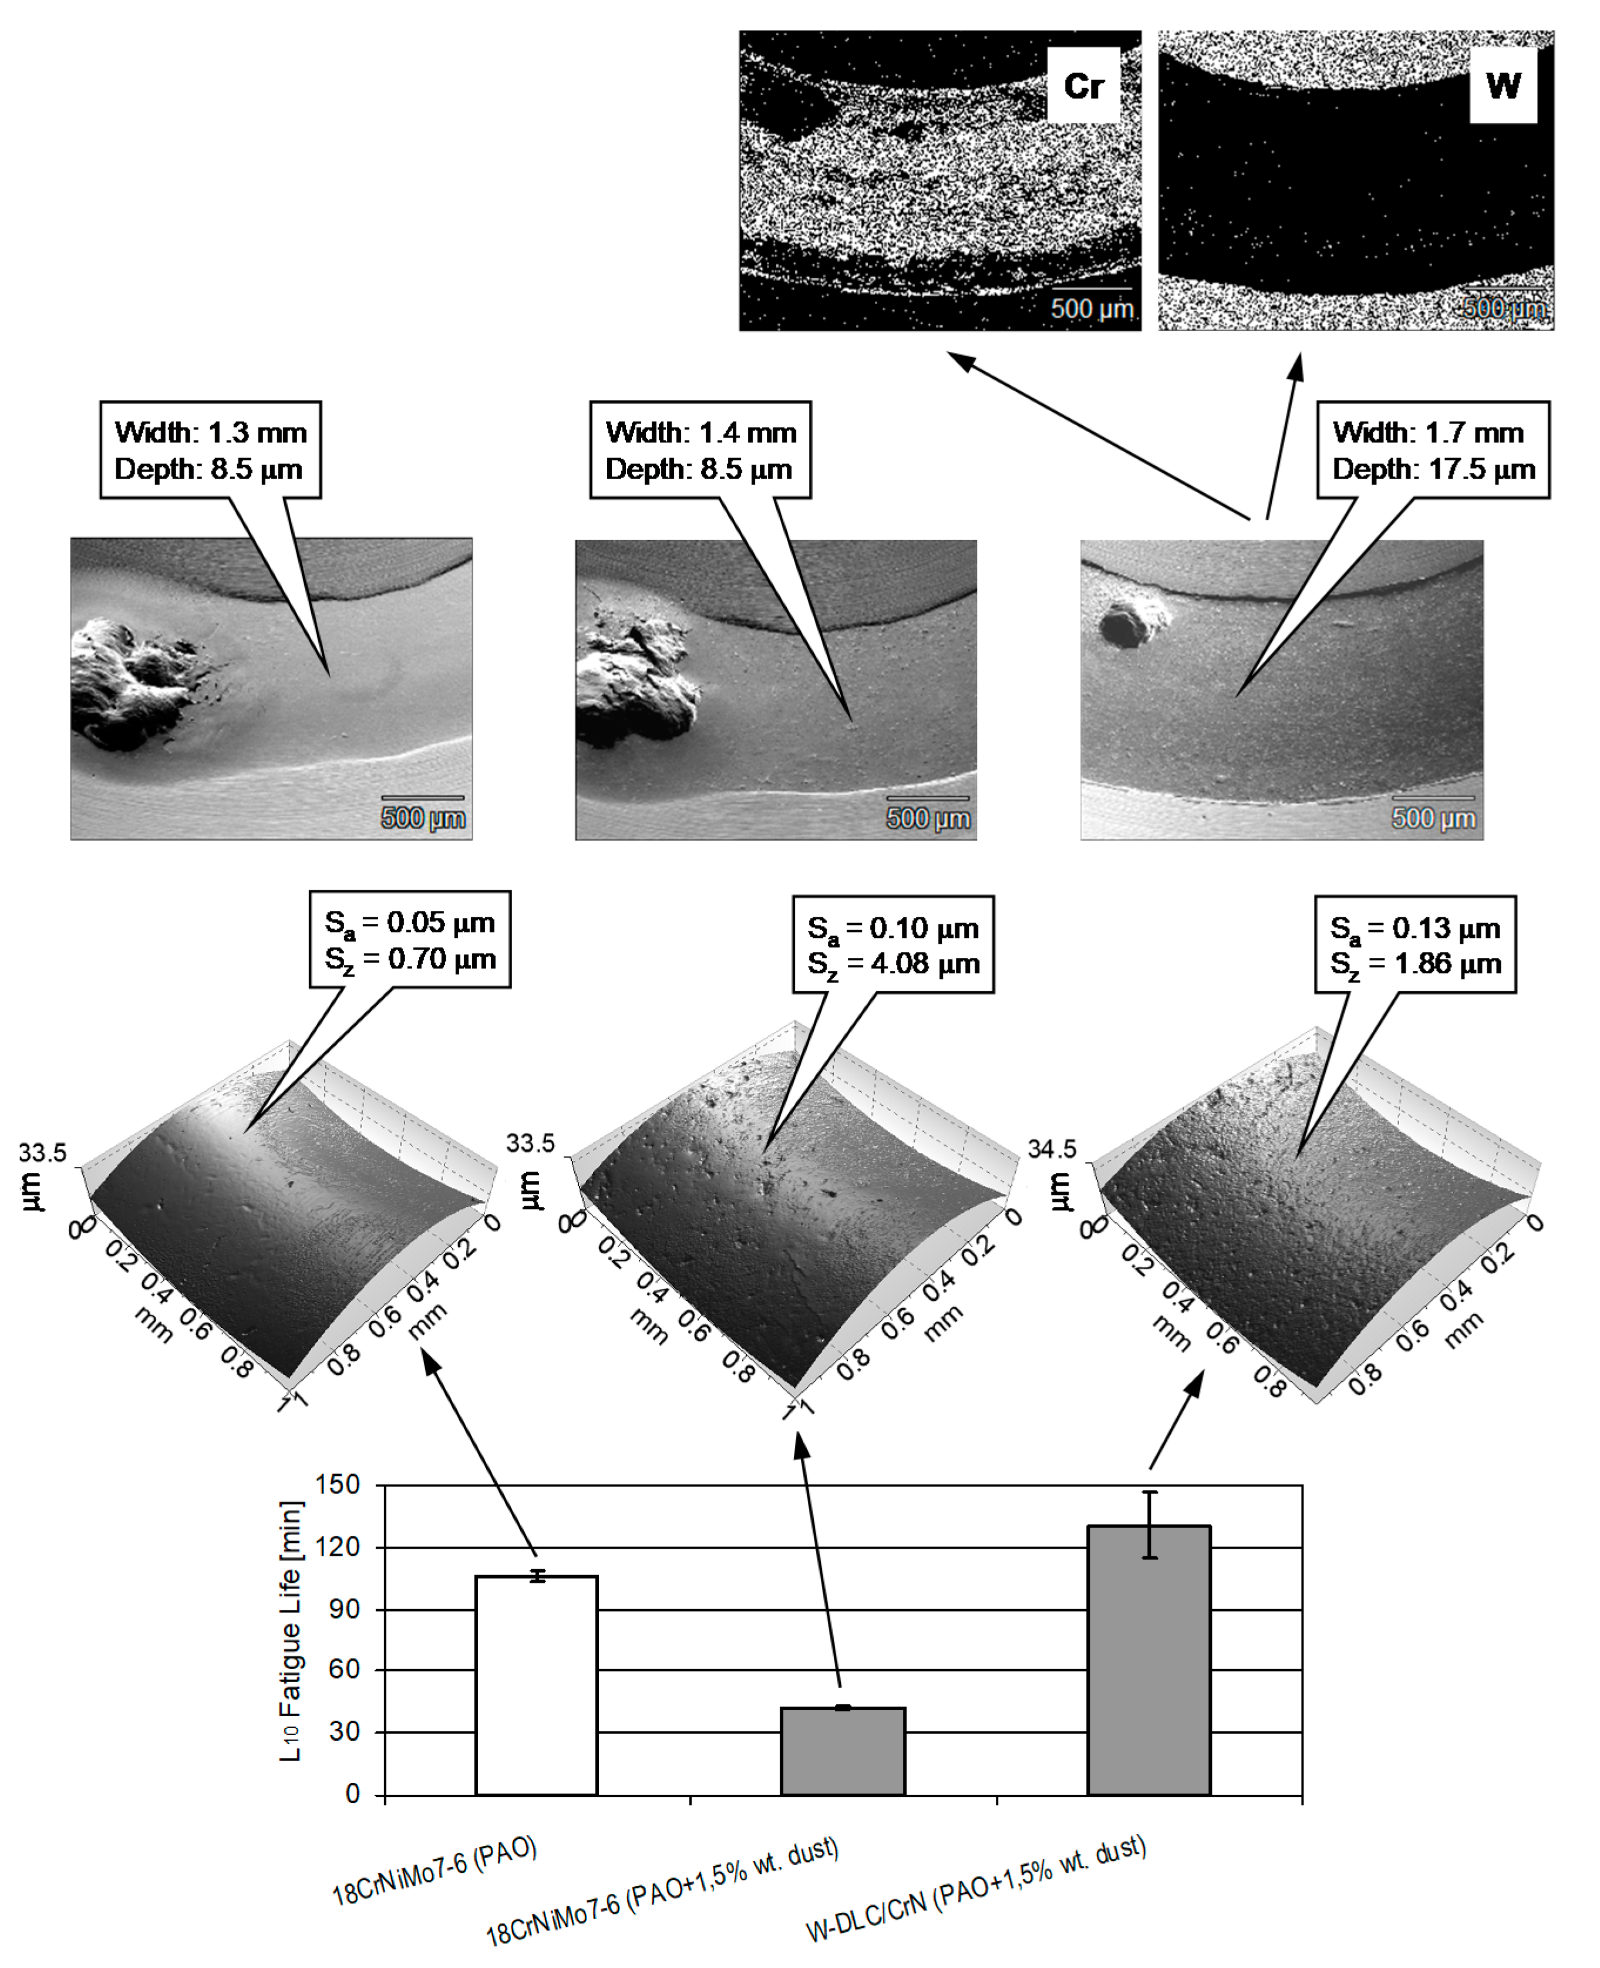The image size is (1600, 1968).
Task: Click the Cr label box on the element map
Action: pos(1083,86)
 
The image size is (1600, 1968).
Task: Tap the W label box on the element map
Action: pos(1503,86)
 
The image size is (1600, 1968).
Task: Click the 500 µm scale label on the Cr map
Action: pos(1092,308)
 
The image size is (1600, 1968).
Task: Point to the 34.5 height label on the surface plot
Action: pos(1052,1149)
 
